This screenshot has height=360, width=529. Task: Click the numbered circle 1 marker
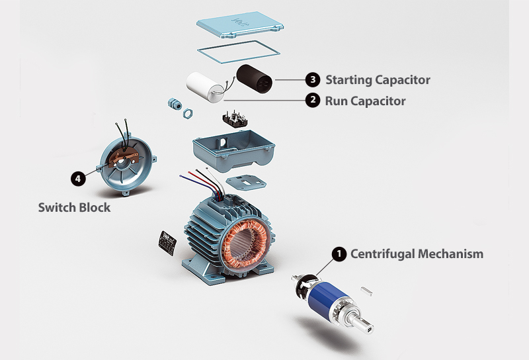339,254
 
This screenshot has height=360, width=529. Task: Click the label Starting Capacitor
378,80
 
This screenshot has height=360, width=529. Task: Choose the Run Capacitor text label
365,101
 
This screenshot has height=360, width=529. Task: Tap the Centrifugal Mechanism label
417,254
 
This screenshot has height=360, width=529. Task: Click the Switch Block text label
73,207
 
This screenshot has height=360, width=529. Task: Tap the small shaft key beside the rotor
368,289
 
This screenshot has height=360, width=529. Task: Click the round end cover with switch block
126,159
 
